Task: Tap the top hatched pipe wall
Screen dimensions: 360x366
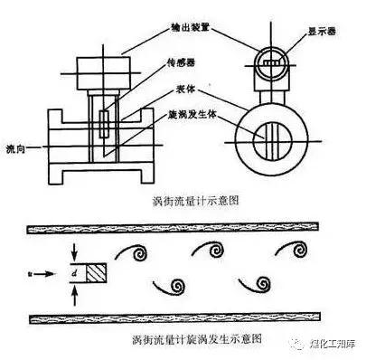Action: [181, 229]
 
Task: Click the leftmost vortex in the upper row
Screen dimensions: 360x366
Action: [141, 252]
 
